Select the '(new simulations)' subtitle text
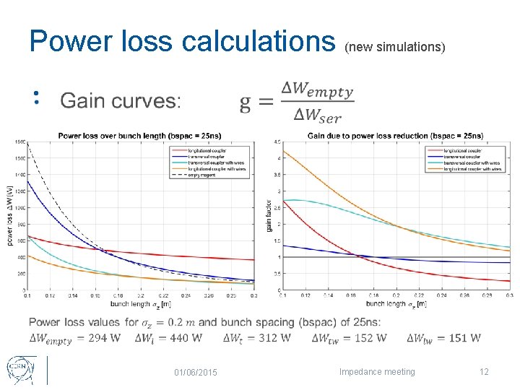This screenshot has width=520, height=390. pos(394,47)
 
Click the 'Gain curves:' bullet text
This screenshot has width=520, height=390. pos(121,100)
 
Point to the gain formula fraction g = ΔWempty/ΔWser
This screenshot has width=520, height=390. pos(298,102)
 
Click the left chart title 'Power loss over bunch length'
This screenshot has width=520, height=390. pos(139,135)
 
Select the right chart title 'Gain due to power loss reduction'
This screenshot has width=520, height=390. pos(395,135)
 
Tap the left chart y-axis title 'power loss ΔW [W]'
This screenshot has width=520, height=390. pos(11,217)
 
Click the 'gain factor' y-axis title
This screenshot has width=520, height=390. pos(269,215)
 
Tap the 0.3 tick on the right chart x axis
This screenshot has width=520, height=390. pos(509,295)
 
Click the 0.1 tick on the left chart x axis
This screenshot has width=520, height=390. pos(27,295)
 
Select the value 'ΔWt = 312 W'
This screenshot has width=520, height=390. pos(257,337)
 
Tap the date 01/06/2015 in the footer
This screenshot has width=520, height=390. pos(196,372)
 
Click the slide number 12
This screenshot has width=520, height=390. pos(484,372)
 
